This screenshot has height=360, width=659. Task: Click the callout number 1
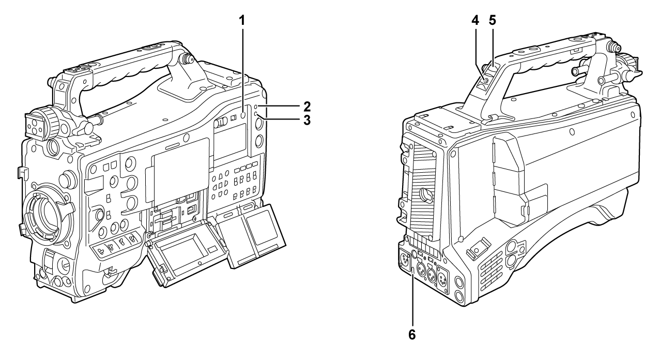pos(242,21)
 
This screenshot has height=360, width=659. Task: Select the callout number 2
pos(307,106)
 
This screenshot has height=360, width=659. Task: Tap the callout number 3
pos(307,120)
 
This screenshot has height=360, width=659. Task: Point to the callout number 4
pos(475,20)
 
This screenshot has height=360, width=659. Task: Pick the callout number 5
pos(492,20)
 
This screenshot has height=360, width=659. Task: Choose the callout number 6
pos(412,335)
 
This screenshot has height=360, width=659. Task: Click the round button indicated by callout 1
pos(243,115)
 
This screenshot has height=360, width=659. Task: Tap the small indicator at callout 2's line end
pos(256,106)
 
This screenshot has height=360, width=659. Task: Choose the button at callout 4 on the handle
pos(486,80)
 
